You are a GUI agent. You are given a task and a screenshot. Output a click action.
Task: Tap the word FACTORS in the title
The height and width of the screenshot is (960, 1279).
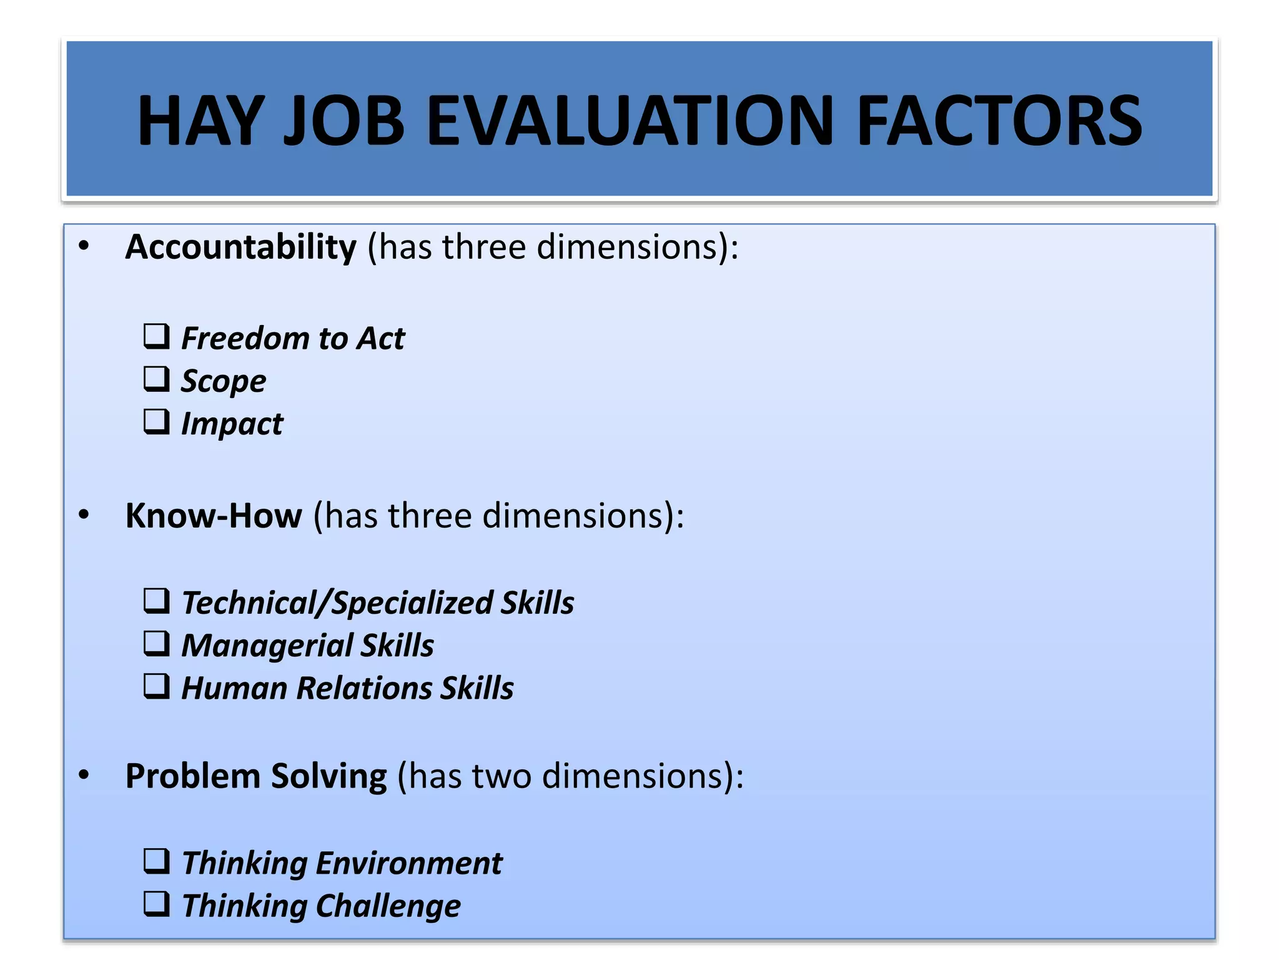999,121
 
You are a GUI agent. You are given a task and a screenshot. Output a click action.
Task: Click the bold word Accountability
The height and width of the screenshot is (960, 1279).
240,247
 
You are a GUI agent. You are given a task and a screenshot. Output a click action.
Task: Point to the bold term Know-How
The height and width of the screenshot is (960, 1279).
214,516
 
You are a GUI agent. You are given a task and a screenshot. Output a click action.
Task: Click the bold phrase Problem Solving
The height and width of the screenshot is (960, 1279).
256,777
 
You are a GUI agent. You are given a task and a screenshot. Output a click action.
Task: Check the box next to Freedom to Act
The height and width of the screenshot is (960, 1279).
156,336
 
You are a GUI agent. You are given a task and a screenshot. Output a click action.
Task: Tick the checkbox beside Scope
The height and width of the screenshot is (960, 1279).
156,379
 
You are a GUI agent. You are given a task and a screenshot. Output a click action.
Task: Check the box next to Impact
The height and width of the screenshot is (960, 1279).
156,422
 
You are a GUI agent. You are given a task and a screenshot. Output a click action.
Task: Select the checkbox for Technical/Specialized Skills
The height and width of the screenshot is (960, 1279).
156,601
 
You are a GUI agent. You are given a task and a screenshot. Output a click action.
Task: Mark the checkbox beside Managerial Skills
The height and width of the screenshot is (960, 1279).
156,643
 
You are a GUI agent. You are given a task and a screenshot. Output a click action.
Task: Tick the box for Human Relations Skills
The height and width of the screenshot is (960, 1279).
156,686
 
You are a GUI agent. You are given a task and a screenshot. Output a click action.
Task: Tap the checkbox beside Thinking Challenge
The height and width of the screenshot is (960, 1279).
156,904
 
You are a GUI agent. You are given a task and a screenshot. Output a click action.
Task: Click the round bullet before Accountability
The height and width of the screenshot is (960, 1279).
84,247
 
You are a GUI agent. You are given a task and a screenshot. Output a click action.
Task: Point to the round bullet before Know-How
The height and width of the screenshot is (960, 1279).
84,516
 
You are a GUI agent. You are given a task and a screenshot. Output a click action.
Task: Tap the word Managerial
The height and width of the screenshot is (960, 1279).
267,646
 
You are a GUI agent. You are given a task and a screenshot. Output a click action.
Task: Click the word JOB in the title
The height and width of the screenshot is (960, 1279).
344,121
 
